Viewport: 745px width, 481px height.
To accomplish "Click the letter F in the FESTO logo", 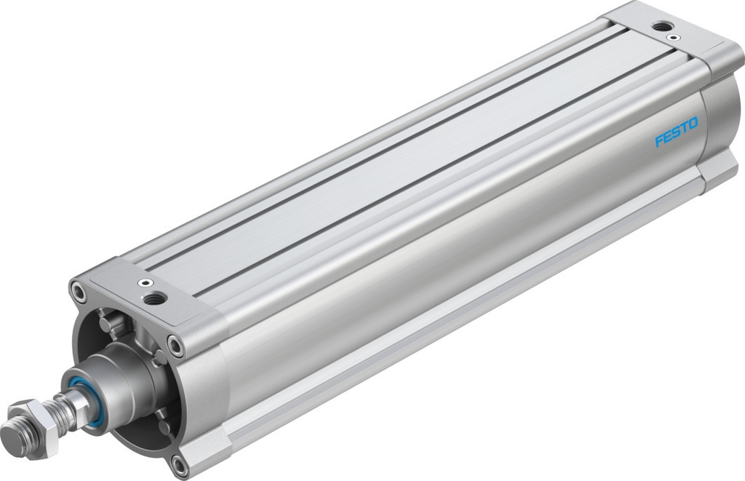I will coord(658,139).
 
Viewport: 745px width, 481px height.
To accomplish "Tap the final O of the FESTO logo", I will coord(692,124).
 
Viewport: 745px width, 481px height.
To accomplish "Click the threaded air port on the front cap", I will coord(154,298).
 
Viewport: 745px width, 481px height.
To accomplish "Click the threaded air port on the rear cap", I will coord(661,26).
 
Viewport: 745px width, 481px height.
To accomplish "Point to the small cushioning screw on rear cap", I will coord(675,37).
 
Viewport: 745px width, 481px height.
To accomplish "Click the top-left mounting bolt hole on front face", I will coord(79,293).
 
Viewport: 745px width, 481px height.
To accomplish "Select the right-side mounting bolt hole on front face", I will coord(175,344).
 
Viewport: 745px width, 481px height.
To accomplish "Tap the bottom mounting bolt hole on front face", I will coord(179,461).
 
